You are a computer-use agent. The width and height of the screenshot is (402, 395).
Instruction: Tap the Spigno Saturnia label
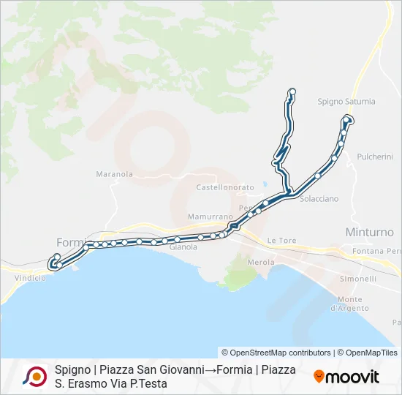click(x=346, y=102)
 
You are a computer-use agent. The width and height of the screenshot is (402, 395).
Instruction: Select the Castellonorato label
click(x=225, y=188)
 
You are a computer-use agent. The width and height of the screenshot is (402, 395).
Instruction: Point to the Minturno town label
click(x=369, y=232)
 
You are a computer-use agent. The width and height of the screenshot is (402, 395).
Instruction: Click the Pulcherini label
click(x=375, y=157)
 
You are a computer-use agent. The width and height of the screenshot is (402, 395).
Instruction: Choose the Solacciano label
click(x=319, y=199)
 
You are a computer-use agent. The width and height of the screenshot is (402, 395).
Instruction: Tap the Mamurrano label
click(x=210, y=217)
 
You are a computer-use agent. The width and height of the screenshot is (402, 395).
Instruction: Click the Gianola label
click(x=183, y=247)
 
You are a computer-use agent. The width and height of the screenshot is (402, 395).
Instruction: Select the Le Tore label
click(x=281, y=240)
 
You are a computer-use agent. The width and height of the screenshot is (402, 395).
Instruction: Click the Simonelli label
click(x=358, y=279)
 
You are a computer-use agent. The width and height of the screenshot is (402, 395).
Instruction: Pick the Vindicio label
click(x=30, y=278)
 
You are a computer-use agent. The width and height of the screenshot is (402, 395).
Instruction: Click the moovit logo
click(x=346, y=377)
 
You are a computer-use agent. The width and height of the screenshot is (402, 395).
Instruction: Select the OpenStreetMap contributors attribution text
click(x=276, y=353)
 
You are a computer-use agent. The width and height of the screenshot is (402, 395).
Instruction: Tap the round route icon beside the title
click(x=34, y=376)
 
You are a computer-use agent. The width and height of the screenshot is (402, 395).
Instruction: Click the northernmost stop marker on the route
click(x=292, y=91)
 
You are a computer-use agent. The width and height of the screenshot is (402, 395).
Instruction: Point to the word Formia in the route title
click(x=234, y=370)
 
